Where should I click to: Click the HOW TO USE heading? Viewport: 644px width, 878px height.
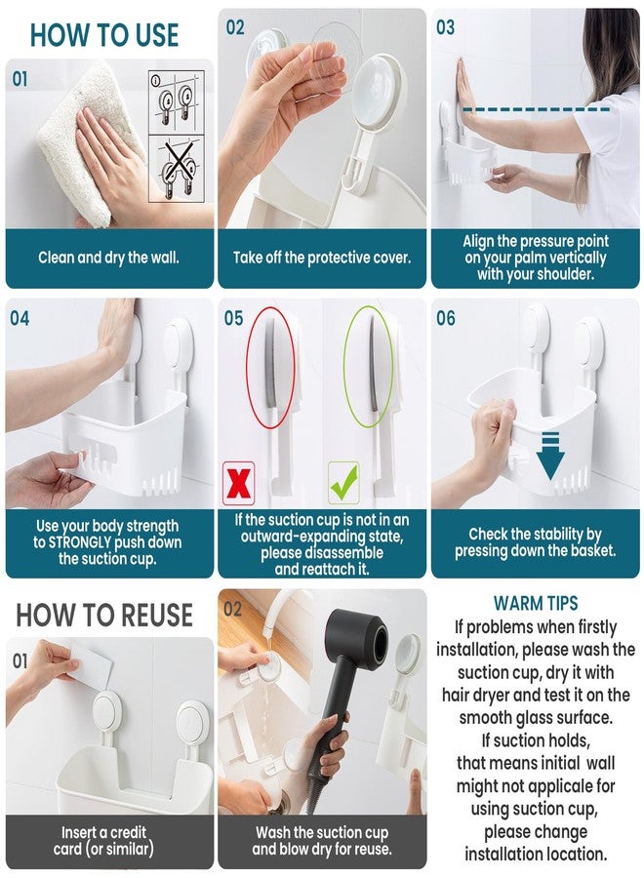104,35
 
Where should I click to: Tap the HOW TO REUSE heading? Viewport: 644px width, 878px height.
104,615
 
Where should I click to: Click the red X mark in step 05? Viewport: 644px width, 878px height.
238,483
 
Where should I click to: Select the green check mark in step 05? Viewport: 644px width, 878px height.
343,483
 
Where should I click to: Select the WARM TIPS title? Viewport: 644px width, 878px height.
536,603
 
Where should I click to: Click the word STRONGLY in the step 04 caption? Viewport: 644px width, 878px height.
80,542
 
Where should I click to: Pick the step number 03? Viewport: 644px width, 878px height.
445,27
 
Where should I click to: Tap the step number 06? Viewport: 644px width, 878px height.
446,318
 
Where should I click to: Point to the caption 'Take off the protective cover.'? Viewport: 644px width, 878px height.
322,258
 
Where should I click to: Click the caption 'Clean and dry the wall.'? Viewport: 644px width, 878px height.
108,258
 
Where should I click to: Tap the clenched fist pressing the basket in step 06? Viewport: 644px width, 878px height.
493,424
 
